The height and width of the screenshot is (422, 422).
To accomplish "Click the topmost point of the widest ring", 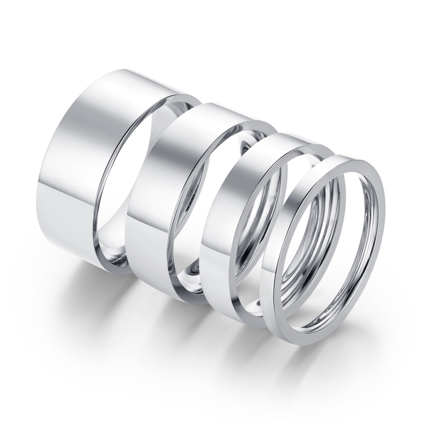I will (115, 69).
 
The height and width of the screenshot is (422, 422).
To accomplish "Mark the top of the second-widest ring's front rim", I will (251, 120).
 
